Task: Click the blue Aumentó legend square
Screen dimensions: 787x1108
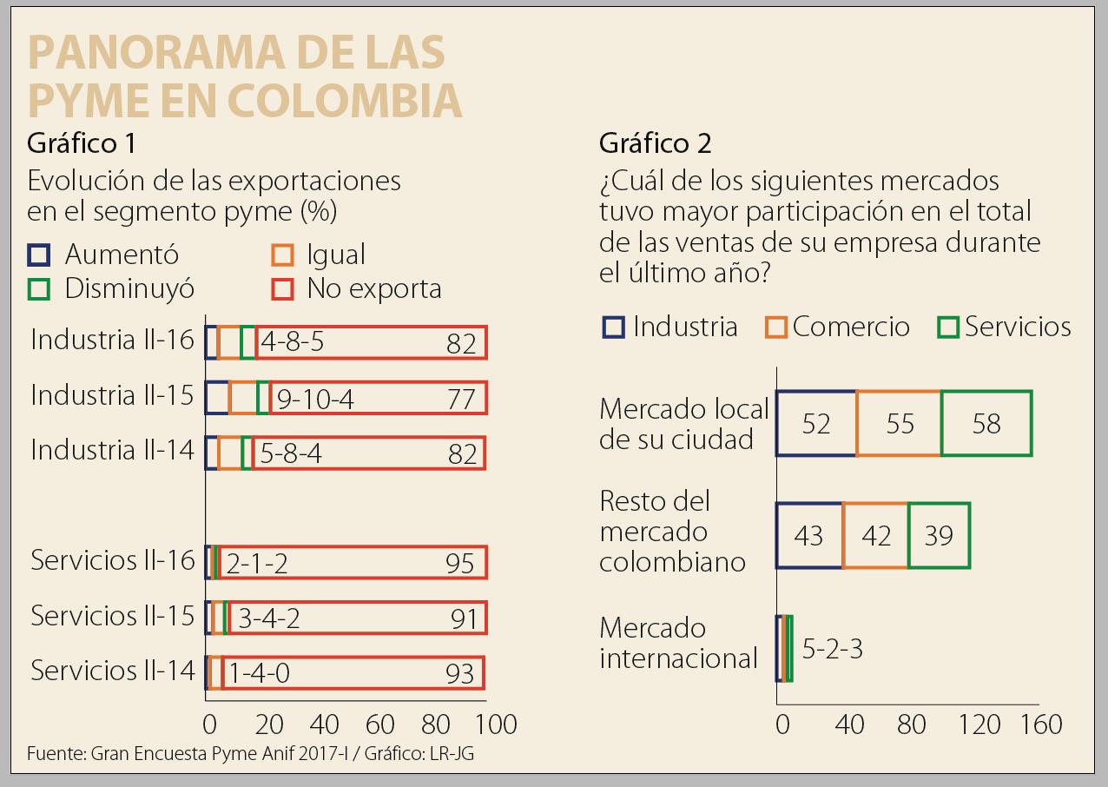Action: pos(38,255)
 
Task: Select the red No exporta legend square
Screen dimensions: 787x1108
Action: pos(282,288)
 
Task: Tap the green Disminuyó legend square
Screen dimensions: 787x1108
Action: pos(38,288)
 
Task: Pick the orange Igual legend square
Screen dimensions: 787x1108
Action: pos(282,255)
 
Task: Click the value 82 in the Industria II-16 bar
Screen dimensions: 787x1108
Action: pos(461,344)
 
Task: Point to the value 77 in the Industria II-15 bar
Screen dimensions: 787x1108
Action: pos(461,399)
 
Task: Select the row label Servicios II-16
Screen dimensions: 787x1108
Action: pos(113,561)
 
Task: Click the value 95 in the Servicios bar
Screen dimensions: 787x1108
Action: pos(460,564)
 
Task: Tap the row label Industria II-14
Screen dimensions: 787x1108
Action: pos(113,451)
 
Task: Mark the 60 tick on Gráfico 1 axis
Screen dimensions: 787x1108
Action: pos(380,724)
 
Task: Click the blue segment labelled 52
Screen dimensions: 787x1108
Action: pos(815,424)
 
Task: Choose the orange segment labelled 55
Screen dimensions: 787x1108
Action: pos(900,424)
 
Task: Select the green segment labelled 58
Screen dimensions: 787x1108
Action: pos(986,424)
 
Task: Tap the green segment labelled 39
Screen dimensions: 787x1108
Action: pos(939,536)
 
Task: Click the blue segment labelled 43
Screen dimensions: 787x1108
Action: pos(808,536)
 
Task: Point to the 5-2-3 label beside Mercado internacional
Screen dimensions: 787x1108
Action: pos(832,650)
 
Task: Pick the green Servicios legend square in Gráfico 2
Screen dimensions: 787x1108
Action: pos(948,327)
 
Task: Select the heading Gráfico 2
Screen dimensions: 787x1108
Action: pos(656,143)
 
